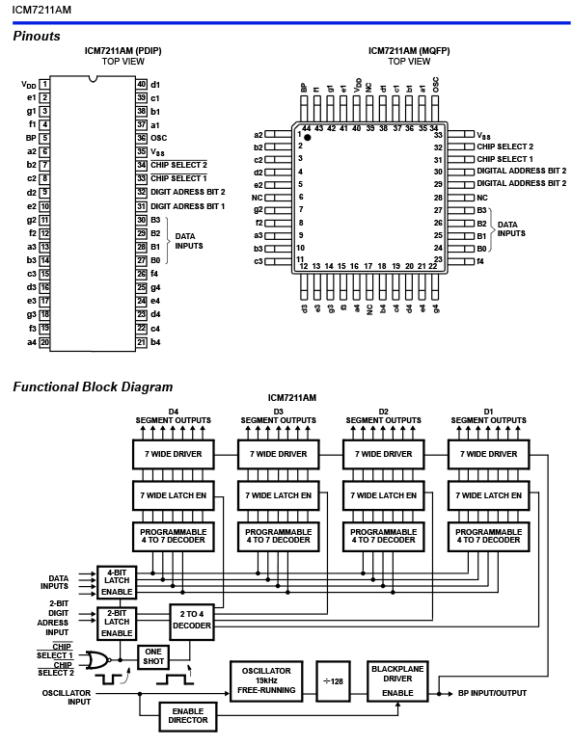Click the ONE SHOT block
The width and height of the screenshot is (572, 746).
tap(153, 656)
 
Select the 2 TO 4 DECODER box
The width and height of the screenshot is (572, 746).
tap(191, 622)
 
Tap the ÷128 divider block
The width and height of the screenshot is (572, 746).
tap(334, 681)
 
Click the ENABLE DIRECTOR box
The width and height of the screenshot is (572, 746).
tap(188, 716)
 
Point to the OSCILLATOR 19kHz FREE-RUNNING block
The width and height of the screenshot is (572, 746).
tap(266, 680)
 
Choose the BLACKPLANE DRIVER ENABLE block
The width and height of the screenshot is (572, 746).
tap(397, 680)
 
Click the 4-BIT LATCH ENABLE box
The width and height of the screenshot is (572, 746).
tap(117, 582)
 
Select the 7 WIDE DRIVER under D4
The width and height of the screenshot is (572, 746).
tap(174, 454)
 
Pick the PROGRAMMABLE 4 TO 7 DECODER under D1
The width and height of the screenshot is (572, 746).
tap(489, 536)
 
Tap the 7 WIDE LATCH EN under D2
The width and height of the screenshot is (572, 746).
tap(383, 495)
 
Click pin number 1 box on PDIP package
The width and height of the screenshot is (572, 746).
tap(43, 84)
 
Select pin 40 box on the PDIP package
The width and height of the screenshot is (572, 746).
tap(142, 84)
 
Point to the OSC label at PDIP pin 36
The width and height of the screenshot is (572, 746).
tap(158, 138)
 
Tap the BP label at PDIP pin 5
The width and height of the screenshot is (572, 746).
tap(31, 138)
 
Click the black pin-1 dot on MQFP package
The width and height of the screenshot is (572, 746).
tap(307, 138)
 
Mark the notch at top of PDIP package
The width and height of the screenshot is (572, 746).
tap(93, 78)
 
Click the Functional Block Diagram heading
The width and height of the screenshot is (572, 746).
tap(93, 386)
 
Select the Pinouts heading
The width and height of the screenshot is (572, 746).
tap(37, 37)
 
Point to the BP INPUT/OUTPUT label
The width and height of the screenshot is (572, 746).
tap(493, 693)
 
